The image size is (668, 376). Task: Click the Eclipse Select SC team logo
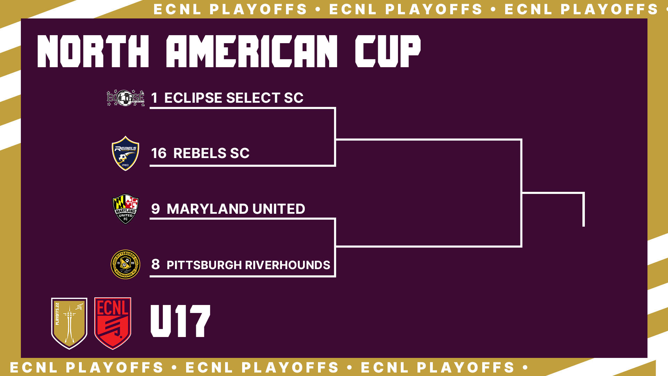(126, 98)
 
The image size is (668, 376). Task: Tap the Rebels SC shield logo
(125, 153)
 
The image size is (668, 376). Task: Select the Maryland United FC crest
(126, 209)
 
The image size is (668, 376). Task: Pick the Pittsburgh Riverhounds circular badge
(125, 264)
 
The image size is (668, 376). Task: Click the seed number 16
(159, 153)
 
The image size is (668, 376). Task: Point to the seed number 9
(156, 209)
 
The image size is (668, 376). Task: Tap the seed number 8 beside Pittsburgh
(156, 264)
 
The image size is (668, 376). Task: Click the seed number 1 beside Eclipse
(154, 98)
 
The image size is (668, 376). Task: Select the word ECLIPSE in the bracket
(193, 98)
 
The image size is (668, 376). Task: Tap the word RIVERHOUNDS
(288, 265)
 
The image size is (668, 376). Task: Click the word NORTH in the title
(93, 51)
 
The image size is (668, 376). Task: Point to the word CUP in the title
(388, 51)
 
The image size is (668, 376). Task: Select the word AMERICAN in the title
(252, 51)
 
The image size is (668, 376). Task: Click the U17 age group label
(180, 321)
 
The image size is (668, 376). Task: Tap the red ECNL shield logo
(113, 323)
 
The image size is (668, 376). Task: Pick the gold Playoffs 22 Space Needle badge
(69, 323)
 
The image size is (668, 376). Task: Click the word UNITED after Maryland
(279, 209)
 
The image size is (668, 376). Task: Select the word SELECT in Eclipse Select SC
(253, 98)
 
